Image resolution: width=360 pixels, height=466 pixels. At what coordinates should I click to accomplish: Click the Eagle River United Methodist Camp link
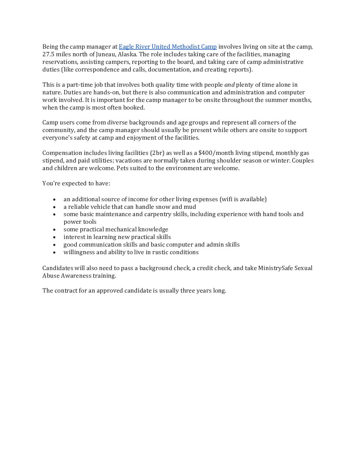pyautogui.click(x=167, y=47)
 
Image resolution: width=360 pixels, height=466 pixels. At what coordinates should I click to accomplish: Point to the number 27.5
pyautogui.click(x=48, y=54)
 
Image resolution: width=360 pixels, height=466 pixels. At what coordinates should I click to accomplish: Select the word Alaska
pyautogui.click(x=127, y=54)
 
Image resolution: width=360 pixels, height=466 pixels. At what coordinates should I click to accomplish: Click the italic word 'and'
pyautogui.click(x=229, y=85)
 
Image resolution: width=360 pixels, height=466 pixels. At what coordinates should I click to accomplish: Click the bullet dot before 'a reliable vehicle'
pyautogui.click(x=54, y=207)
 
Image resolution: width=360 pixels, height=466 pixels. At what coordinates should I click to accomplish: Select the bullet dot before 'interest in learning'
pyautogui.click(x=54, y=237)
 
